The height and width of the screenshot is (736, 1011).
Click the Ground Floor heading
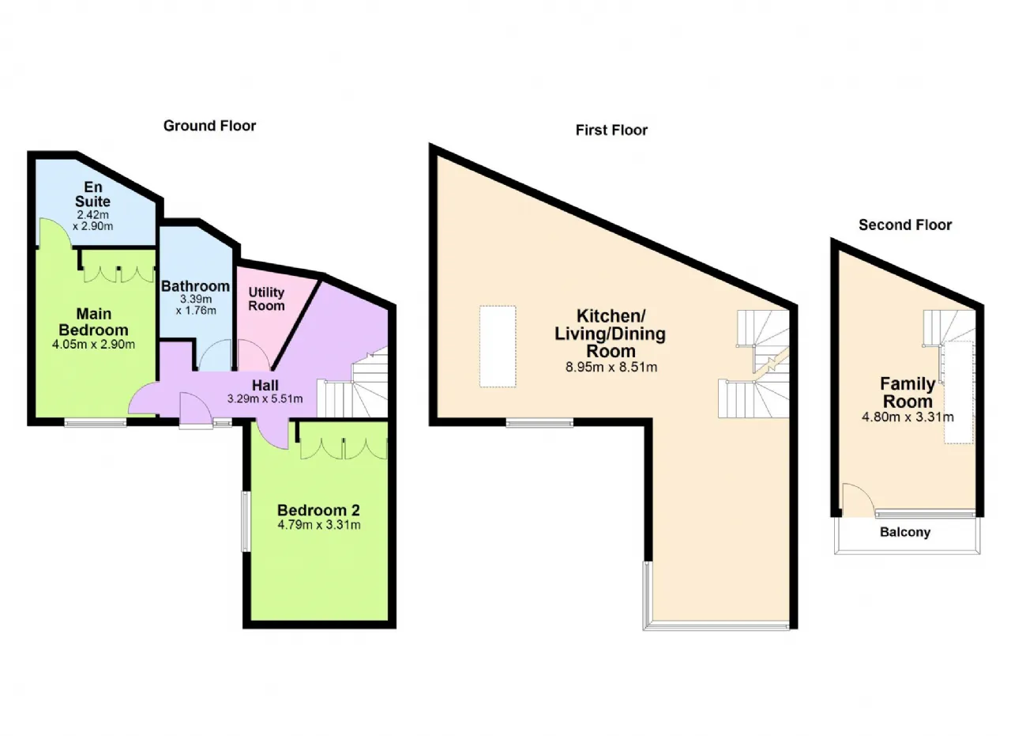[x=209, y=126]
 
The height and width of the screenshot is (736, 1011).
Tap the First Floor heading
[x=611, y=130]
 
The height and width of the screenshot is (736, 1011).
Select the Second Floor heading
[x=905, y=225]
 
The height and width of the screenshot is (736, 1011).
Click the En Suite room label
[x=92, y=194]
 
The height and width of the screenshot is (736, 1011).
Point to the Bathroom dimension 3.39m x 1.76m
[x=196, y=305]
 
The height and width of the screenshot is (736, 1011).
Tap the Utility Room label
[x=266, y=299]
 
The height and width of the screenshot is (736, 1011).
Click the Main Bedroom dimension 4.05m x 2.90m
[x=93, y=344]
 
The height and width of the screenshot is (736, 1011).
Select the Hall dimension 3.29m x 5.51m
[x=265, y=398]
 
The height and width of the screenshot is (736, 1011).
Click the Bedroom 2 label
[x=318, y=510]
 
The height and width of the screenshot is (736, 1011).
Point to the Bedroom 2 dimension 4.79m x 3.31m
[x=318, y=525]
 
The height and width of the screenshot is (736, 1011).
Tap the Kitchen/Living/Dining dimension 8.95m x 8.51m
[x=611, y=367]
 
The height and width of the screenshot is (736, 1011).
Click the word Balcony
[x=905, y=532]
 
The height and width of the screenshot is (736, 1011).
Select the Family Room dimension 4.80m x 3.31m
[x=908, y=417]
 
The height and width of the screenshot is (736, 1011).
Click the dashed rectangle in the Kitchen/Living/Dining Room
[x=498, y=346]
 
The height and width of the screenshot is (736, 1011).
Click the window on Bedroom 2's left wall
[x=246, y=521]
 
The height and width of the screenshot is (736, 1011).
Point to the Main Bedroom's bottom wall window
[x=96, y=422]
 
